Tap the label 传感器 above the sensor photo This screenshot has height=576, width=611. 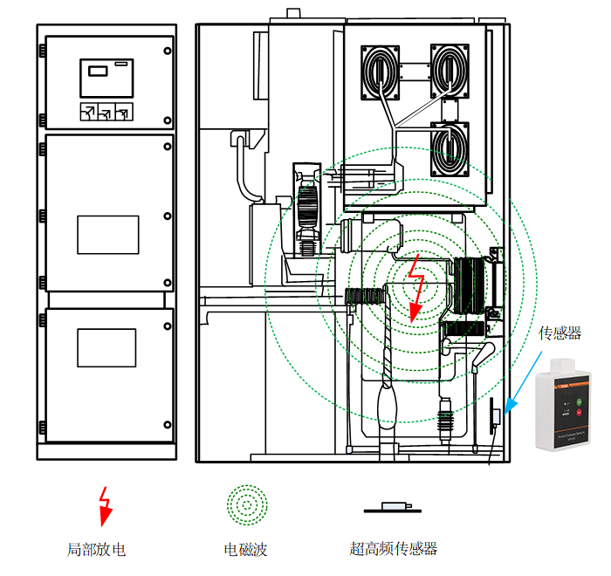(x=560, y=333)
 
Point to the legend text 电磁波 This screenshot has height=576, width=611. (x=245, y=550)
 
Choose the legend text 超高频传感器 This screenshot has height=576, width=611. (x=393, y=549)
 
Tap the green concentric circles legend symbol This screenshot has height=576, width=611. (x=246, y=504)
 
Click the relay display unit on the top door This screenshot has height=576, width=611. (x=108, y=78)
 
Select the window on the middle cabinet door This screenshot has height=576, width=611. (x=108, y=235)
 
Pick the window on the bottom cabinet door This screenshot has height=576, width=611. (x=106, y=347)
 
